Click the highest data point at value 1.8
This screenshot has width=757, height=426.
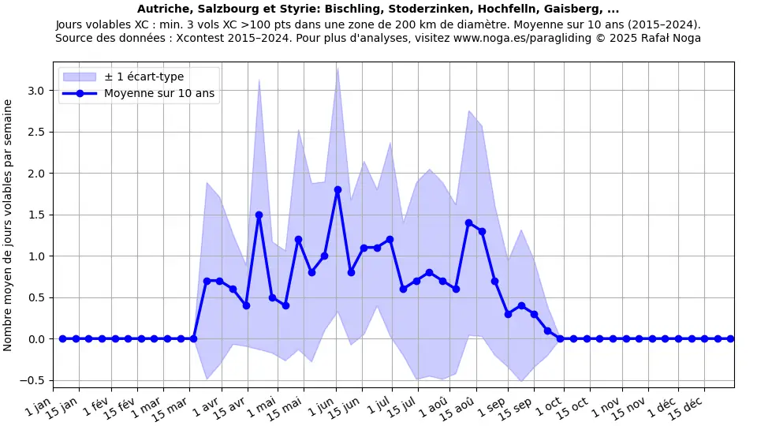[337, 189]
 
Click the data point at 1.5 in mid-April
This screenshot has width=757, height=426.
[259, 215]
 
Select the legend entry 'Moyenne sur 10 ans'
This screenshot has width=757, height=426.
[159, 93]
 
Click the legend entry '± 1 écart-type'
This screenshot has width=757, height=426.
[144, 77]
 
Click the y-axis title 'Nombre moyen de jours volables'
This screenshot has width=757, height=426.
[9, 225]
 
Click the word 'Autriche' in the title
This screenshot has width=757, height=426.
[162, 9]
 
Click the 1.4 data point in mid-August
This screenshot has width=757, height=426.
[468, 222]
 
